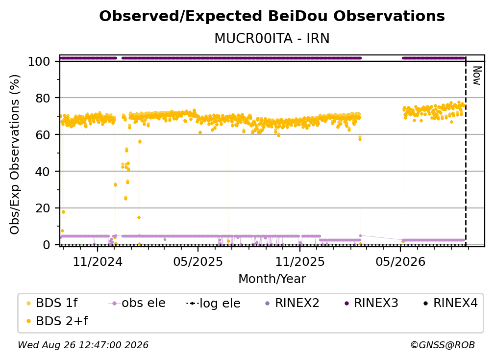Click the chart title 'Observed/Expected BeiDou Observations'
(272, 16)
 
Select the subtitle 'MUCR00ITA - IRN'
(272, 39)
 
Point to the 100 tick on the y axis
(39, 61)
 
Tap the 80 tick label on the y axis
(43, 98)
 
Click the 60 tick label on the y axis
(43, 134)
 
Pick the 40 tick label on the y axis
(43, 172)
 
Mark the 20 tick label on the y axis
(43, 208)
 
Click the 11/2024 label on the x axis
(98, 261)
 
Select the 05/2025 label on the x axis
(198, 261)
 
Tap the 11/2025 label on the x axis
(300, 261)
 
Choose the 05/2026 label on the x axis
(400, 261)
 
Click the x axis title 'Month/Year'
(272, 279)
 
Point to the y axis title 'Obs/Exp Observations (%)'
(15, 154)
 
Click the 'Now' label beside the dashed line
(477, 76)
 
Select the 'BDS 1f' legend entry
(52, 303)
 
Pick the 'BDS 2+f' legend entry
(57, 321)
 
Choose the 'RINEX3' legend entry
(372, 303)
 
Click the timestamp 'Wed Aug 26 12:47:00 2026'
(83, 345)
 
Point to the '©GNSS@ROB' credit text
(443, 345)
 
